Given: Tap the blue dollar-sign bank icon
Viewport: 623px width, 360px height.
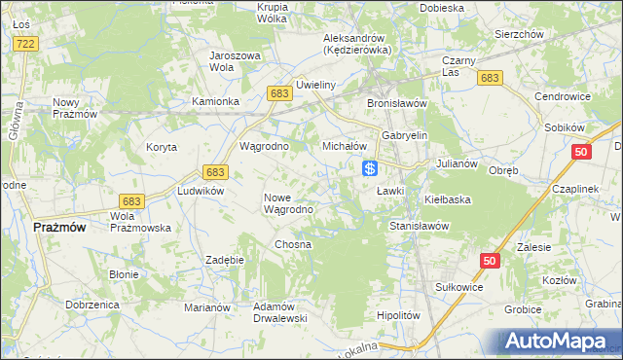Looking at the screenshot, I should (x=370, y=168).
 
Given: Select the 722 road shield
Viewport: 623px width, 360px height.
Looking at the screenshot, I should (x=26, y=45).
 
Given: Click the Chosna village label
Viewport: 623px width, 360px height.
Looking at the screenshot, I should (x=293, y=244).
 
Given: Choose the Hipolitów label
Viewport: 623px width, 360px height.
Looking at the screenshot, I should (x=397, y=315).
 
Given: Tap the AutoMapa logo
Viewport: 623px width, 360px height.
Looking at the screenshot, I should (x=563, y=342).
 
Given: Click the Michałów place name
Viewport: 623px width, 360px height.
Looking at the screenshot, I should (x=344, y=146).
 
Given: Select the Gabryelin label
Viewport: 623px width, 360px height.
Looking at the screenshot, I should (x=405, y=135).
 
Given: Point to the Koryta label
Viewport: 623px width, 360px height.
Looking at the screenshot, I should (x=161, y=147).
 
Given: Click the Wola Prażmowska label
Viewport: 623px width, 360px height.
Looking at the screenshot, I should (x=141, y=222).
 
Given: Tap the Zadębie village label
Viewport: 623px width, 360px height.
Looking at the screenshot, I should (x=225, y=260).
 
